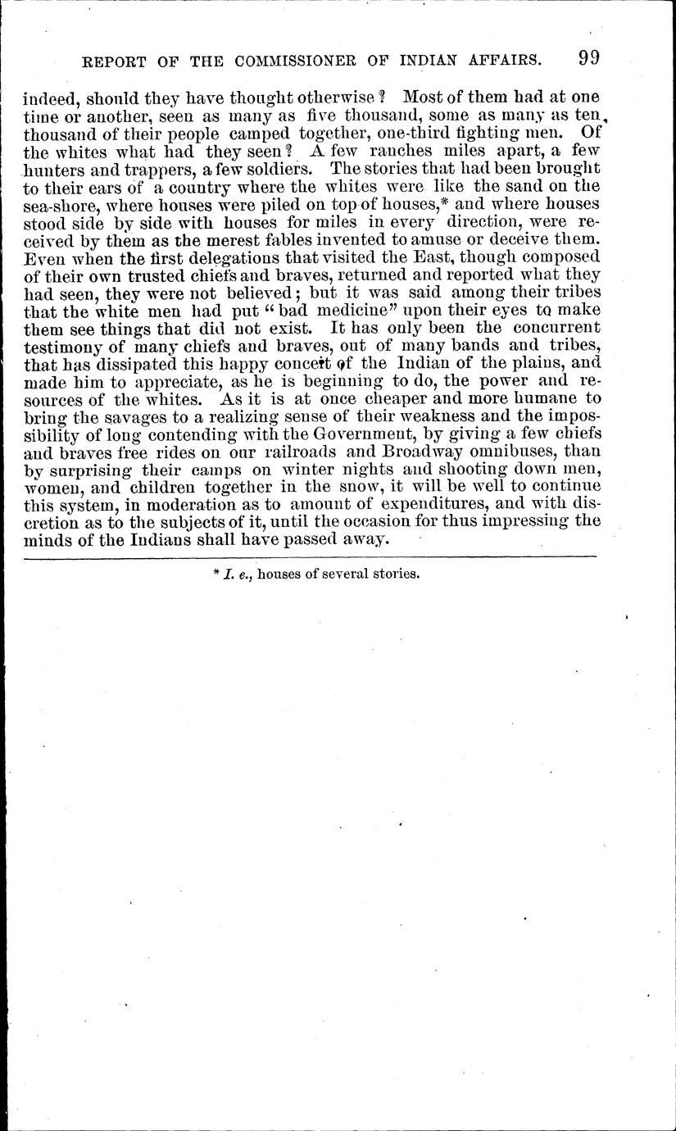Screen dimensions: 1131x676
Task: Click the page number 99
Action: [589, 58]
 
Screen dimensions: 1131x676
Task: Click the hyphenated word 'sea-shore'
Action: [57, 205]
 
